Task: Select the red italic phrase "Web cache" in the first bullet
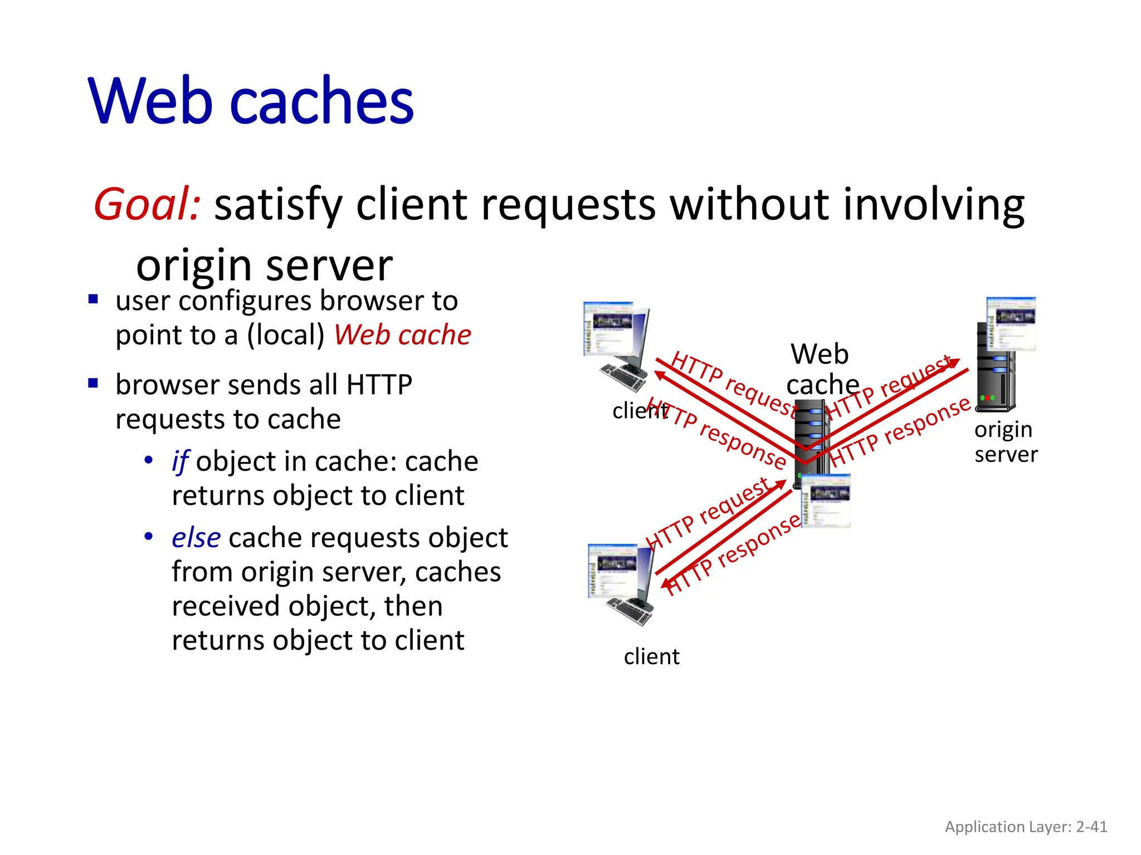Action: click(x=402, y=335)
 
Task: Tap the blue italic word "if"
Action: click(x=180, y=461)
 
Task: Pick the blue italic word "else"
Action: click(x=196, y=538)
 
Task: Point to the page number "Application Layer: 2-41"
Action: click(x=1026, y=827)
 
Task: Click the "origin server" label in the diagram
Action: click(x=1006, y=442)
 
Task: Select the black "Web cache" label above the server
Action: click(x=821, y=369)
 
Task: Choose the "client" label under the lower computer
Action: click(x=651, y=657)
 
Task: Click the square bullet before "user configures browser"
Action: click(x=93, y=300)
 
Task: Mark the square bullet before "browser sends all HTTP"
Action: click(x=93, y=383)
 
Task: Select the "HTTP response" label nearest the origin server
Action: click(x=900, y=431)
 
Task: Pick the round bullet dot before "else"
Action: click(x=149, y=537)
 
